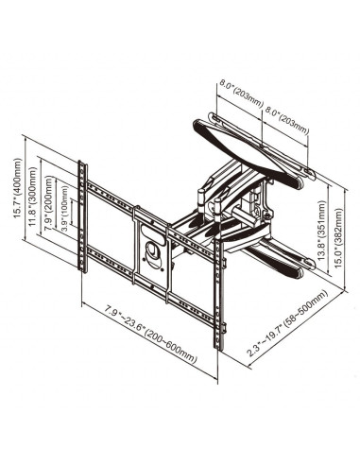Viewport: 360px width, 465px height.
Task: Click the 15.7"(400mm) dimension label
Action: [x=18, y=188]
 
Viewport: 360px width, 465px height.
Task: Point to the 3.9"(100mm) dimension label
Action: [x=64, y=209]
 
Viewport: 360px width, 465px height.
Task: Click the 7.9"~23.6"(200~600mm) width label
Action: [x=151, y=335]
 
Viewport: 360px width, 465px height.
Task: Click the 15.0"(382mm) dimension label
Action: [x=338, y=238]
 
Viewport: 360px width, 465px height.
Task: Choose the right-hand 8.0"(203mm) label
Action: [x=286, y=120]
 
